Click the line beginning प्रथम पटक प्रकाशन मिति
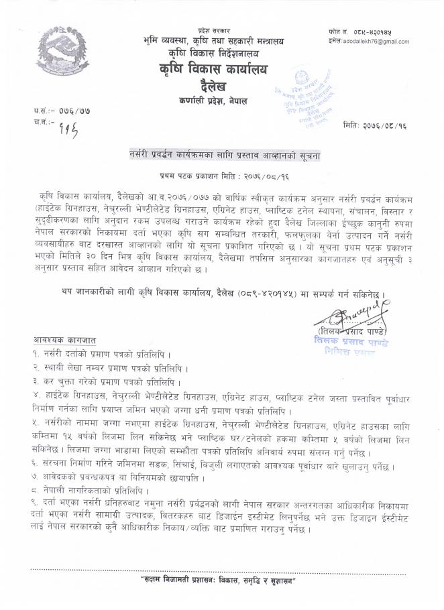(x=223, y=172)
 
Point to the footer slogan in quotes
(x=222, y=579)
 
